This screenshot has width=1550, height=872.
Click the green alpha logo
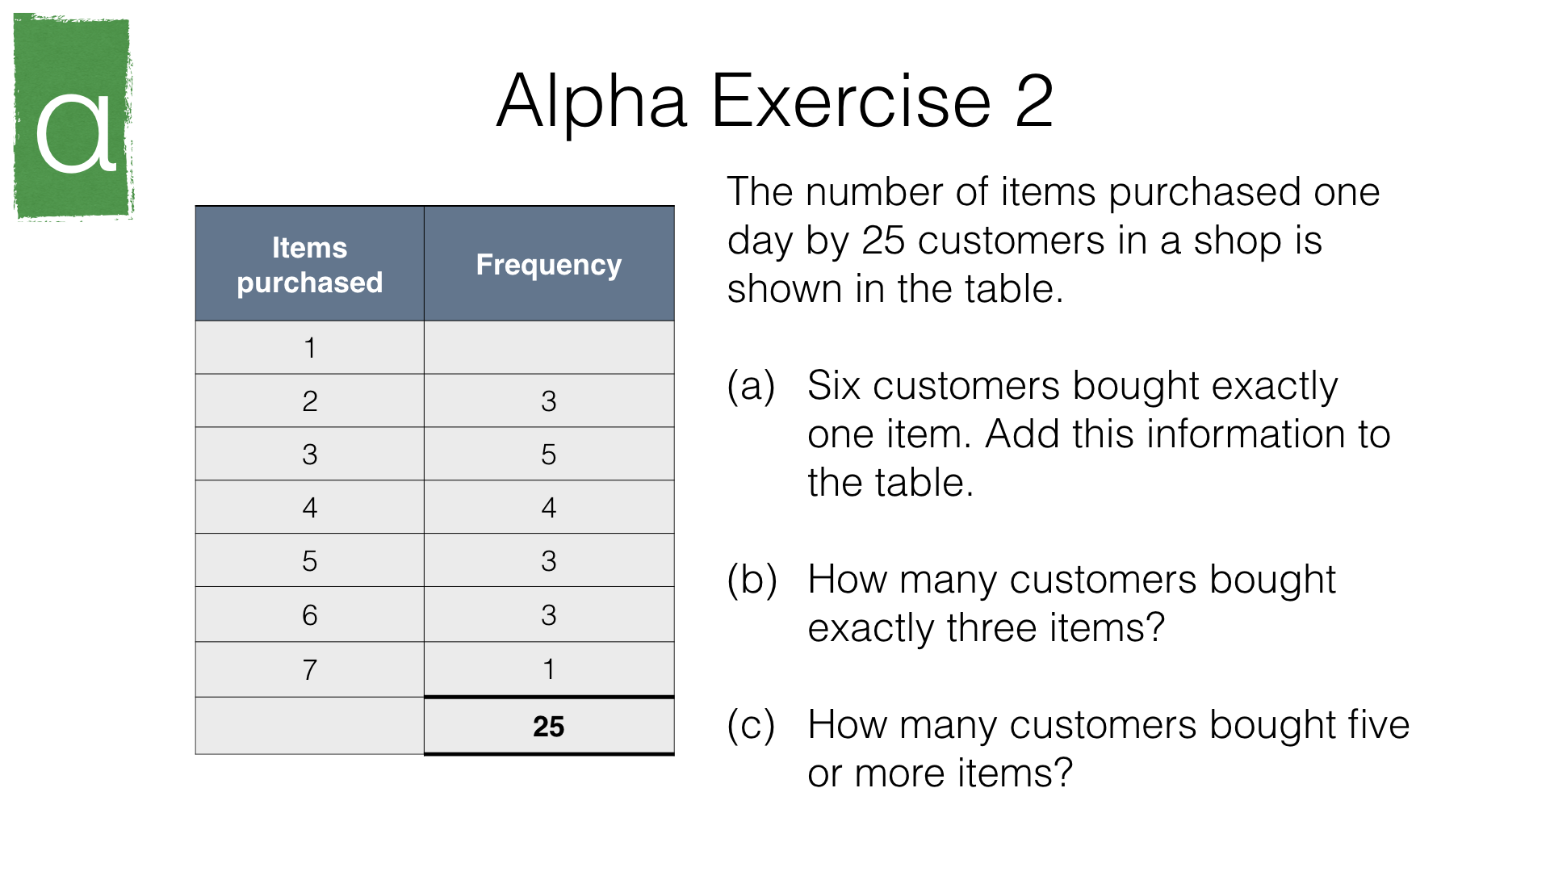tap(73, 116)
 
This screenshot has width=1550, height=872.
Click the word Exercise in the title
tap(851, 101)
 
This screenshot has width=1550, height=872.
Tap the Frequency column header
tap(549, 265)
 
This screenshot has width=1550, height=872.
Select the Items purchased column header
tap(310, 265)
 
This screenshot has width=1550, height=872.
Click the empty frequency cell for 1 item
tap(549, 347)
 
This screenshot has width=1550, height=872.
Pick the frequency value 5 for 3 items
tap(549, 455)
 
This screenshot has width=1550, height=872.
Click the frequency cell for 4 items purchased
tap(549, 507)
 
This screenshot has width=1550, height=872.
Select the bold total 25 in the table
tap(549, 727)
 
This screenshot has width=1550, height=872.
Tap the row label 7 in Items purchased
tap(310, 669)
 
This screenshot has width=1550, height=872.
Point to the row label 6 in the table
tap(310, 615)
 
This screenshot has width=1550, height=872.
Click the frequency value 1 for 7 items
tap(549, 669)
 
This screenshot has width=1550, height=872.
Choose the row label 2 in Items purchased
tap(310, 401)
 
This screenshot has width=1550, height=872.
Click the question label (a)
tap(752, 387)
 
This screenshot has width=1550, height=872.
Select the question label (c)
tap(752, 726)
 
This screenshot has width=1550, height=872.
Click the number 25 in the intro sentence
tap(883, 241)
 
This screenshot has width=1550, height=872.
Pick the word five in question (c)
tap(1376, 724)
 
